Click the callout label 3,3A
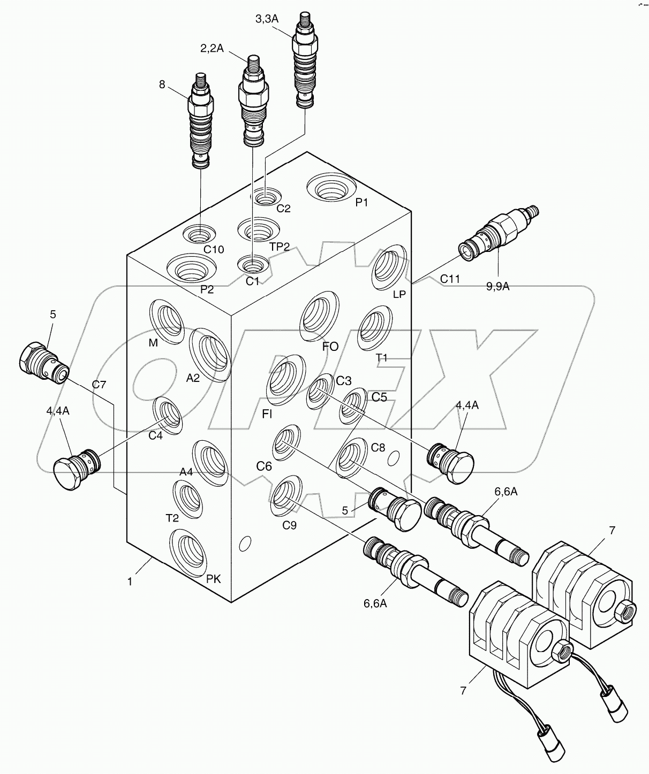point(267,19)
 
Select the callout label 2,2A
point(212,48)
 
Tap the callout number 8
point(162,84)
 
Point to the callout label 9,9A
point(497,287)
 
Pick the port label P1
point(363,202)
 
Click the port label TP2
point(280,247)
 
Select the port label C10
point(214,249)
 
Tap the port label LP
point(399,294)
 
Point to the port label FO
point(330,347)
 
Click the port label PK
point(214,579)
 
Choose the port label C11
point(450,279)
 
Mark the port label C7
point(99,384)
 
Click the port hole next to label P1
point(331,189)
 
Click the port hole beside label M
point(167,320)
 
